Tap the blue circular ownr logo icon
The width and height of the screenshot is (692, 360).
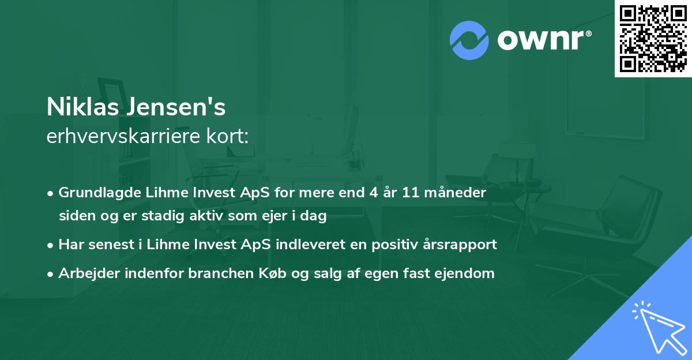coord(469,39)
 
